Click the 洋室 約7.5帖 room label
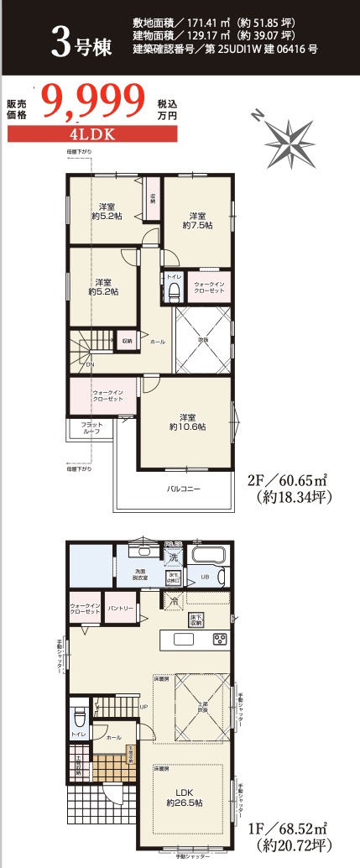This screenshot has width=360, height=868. (198, 220)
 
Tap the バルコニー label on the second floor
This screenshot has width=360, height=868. (183, 488)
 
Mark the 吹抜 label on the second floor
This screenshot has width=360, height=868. (203, 339)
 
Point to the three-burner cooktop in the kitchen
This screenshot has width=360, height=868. (220, 640)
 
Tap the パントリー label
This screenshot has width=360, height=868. (122, 607)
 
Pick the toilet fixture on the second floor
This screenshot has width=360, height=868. (174, 291)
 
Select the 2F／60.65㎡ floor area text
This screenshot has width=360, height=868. (287, 481)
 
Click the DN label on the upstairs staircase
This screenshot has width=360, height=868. (89, 365)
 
